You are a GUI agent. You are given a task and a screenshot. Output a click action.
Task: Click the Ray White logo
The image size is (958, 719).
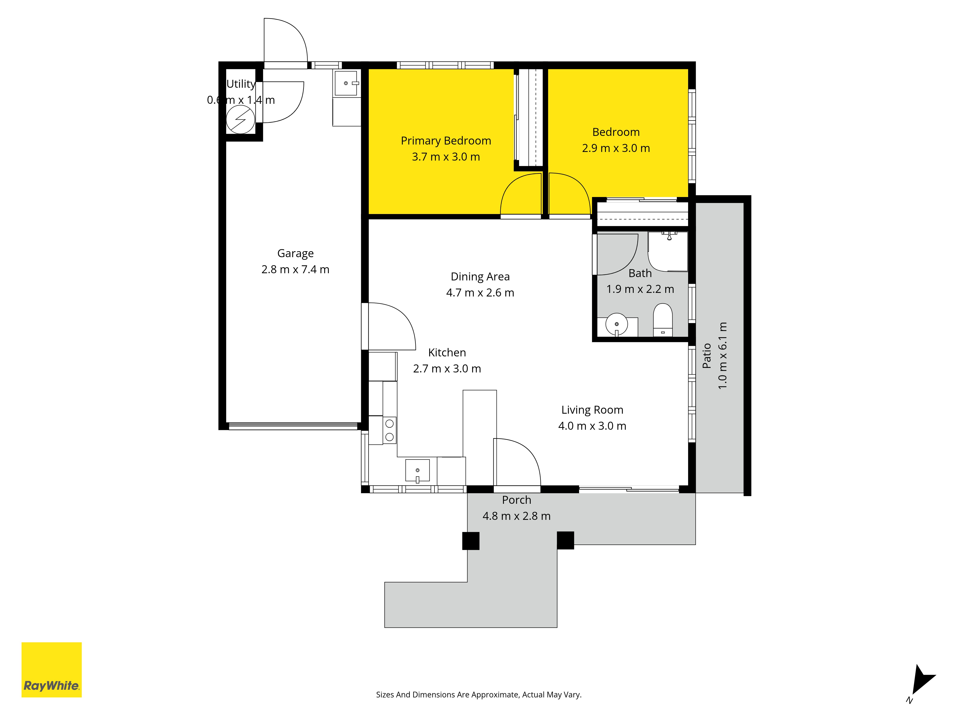click(x=51, y=670)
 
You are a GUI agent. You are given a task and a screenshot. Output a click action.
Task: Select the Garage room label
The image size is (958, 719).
click(x=295, y=253)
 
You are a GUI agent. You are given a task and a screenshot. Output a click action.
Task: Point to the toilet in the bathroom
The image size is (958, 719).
click(x=663, y=320)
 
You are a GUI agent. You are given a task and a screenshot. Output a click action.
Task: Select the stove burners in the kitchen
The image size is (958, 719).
click(x=389, y=430)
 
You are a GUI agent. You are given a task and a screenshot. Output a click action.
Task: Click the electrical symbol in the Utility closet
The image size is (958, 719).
click(x=240, y=120)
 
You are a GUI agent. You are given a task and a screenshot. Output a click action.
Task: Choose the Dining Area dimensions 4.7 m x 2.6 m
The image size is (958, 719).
click(x=480, y=293)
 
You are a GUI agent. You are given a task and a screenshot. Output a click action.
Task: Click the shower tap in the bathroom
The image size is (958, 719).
click(x=669, y=235)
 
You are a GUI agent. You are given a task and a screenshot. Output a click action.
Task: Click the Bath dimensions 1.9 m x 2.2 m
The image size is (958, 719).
click(x=640, y=289)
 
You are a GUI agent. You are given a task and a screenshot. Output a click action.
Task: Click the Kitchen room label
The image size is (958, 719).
click(x=447, y=352)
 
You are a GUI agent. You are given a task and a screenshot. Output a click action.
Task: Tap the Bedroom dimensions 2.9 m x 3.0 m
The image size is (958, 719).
click(x=616, y=148)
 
